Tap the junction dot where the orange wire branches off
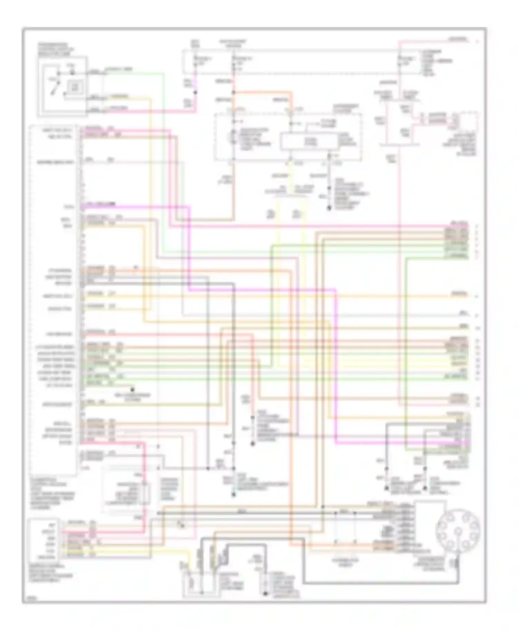click(234, 93)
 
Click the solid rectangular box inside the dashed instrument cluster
click(308, 142)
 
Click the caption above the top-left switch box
click(55, 49)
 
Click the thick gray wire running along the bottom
click(380, 583)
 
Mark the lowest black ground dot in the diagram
click(265, 594)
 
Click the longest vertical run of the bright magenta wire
click(336, 366)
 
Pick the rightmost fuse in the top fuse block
click(401, 61)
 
